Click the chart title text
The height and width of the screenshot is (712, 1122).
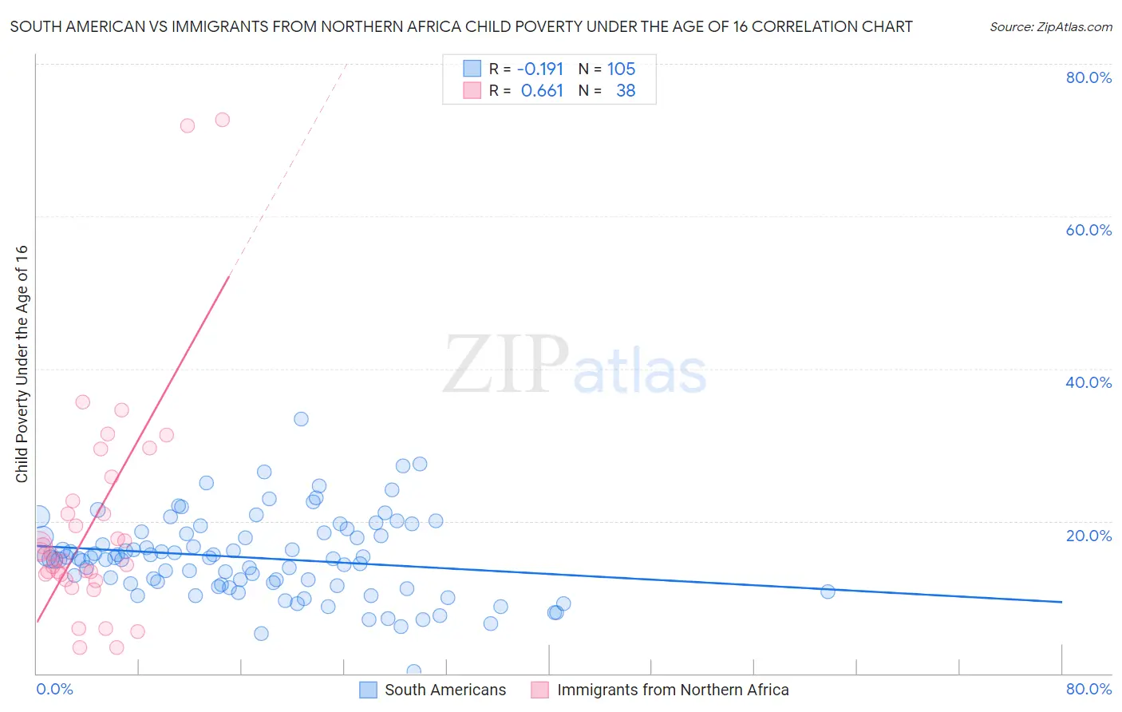tap(461, 26)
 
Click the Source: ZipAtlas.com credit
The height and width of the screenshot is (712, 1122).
tap(1050, 26)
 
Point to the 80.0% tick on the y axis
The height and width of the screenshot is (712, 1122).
tap(1088, 77)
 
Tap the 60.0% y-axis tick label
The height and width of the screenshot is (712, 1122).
tap(1088, 230)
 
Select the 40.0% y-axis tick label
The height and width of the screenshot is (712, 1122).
tap(1088, 382)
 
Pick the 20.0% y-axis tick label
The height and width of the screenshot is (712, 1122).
tap(1088, 536)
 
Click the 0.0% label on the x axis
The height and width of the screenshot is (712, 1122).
tap(54, 689)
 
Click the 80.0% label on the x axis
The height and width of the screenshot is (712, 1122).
tap(1088, 689)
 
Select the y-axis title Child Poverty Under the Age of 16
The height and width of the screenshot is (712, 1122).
tap(22, 363)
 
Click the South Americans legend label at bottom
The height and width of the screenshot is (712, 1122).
tap(444, 690)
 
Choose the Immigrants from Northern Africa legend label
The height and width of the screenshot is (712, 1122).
tap(672, 690)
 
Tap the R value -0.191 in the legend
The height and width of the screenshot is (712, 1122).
tap(540, 69)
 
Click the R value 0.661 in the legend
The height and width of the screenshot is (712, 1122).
tap(542, 91)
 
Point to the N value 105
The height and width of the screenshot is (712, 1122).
tap(621, 69)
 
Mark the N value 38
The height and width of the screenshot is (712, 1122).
tap(626, 91)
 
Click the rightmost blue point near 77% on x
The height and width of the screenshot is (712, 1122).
tap(828, 591)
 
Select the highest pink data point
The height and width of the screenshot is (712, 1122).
tap(223, 120)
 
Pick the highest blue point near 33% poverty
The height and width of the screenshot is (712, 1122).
tap(301, 419)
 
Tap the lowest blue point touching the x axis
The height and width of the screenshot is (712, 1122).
tap(413, 671)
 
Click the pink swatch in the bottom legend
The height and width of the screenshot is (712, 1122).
tap(539, 690)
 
